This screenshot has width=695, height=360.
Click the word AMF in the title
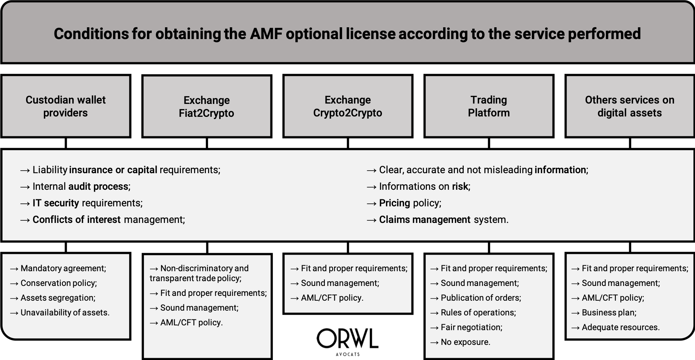coord(266,34)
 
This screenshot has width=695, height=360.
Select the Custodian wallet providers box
coord(66,106)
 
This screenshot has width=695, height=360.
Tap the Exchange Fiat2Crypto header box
coord(207,106)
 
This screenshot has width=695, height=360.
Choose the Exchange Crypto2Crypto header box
coord(348,106)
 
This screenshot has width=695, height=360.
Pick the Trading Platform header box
coord(489,106)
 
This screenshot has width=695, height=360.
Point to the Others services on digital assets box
coord(629,106)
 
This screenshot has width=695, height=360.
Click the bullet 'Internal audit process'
coord(75,186)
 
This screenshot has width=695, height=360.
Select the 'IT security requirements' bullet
coord(81,203)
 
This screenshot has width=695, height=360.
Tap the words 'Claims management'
coord(425,220)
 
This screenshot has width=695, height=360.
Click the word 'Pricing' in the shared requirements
coord(394,203)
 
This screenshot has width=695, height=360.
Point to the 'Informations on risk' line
coord(419,186)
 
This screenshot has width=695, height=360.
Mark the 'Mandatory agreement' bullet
coord(58,268)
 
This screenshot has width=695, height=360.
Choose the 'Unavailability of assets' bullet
coord(60,312)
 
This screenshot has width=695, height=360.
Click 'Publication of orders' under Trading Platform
coord(476,298)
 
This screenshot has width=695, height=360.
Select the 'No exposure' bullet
coord(460,342)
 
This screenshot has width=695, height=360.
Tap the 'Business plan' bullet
coord(604,312)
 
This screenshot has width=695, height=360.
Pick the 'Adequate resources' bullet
coord(615,327)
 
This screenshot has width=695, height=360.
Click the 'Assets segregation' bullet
coord(53,298)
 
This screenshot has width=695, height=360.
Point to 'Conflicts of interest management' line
coord(102,220)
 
